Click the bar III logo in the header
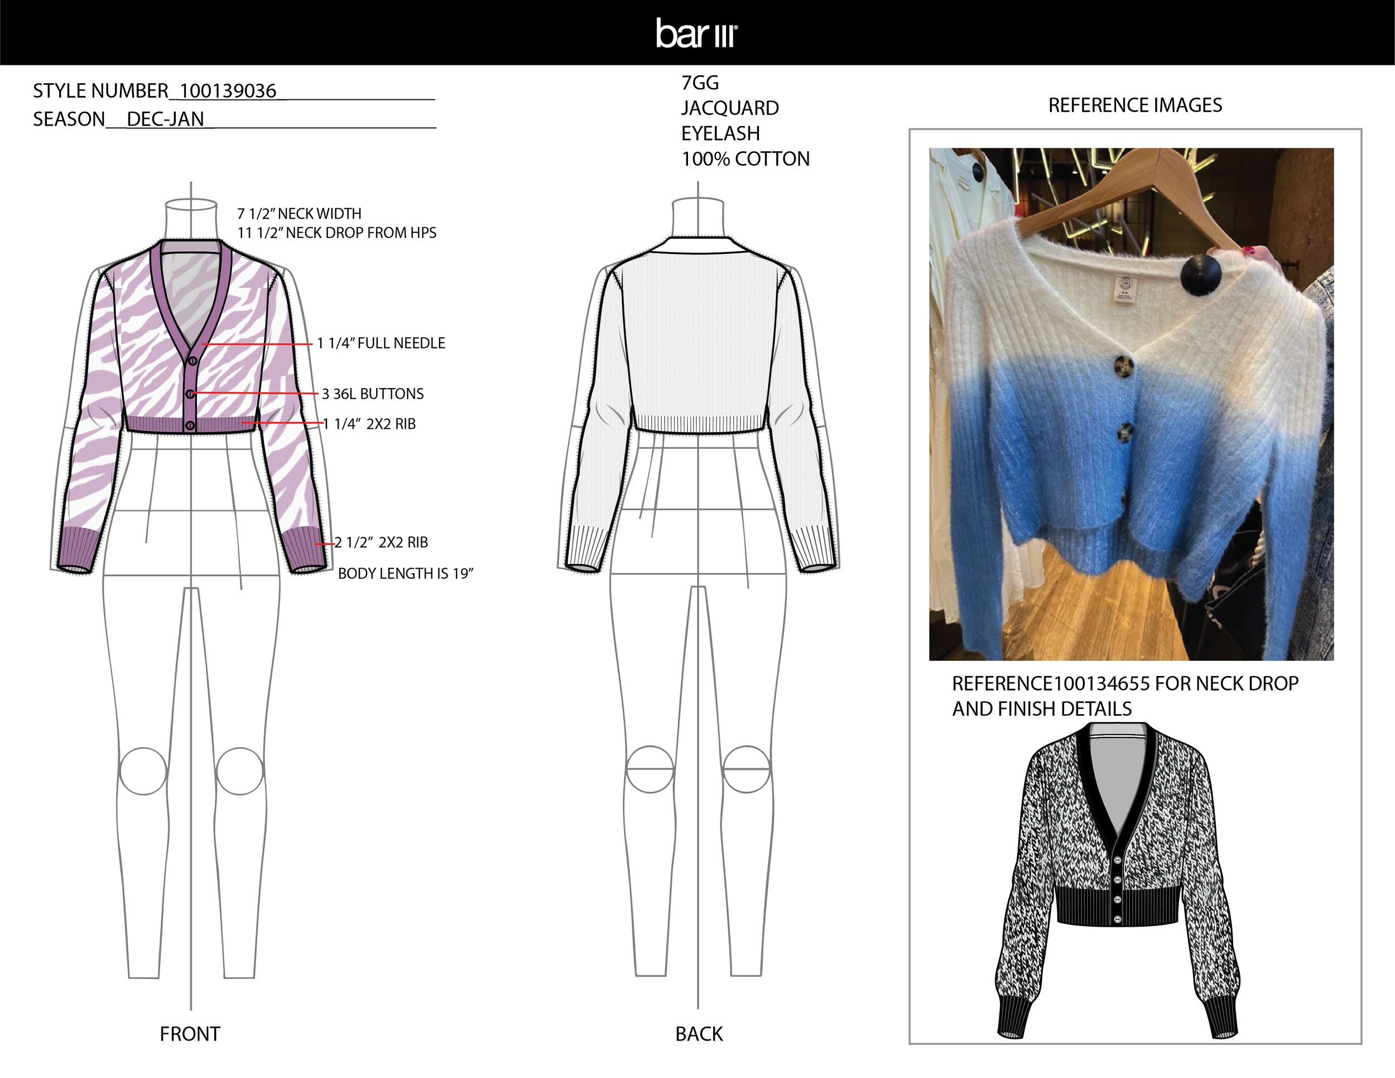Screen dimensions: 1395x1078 (x=696, y=33)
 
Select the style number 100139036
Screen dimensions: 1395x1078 (x=228, y=91)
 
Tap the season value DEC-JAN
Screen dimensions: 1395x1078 (x=165, y=119)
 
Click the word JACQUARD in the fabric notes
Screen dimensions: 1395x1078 (x=729, y=108)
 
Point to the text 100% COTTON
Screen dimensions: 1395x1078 (x=745, y=159)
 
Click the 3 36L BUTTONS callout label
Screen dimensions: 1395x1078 (x=372, y=394)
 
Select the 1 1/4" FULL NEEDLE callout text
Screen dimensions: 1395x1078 (x=381, y=343)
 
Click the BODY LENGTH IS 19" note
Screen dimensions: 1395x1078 (x=405, y=573)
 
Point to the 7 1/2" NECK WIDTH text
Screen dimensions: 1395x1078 (x=299, y=213)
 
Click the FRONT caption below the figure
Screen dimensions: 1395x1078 (x=190, y=1033)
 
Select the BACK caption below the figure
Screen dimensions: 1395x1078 (x=699, y=1033)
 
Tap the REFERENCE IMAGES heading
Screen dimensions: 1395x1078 (x=1135, y=105)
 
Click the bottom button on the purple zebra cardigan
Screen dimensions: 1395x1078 (x=190, y=425)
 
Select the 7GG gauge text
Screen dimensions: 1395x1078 (x=700, y=83)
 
